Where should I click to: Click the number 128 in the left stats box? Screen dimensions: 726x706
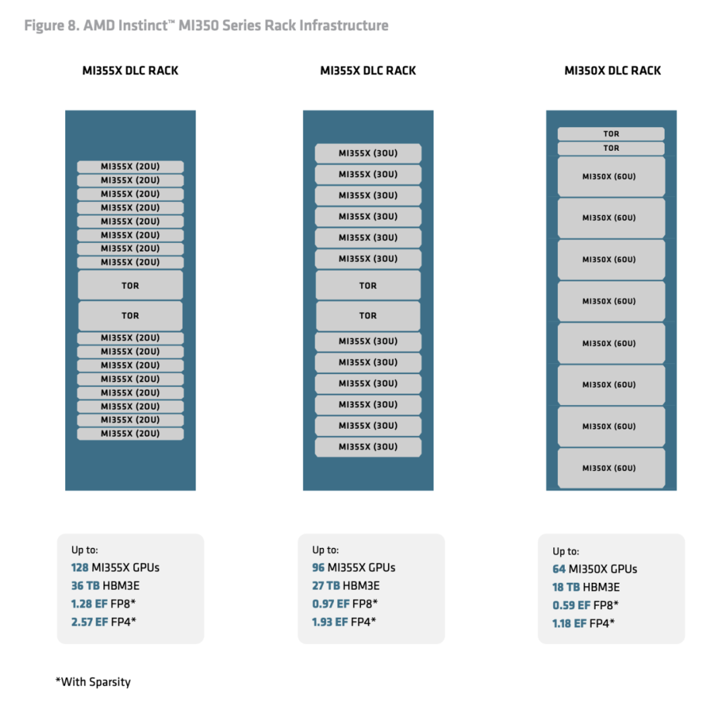pos(79,567)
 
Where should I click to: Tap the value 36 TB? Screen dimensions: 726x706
pos(85,586)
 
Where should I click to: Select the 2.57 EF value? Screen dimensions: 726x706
pos(89,622)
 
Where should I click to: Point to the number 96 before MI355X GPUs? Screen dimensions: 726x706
pos(318,567)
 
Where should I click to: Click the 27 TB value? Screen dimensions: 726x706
pos(326,586)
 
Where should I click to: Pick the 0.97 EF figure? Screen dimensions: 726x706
pos(331,604)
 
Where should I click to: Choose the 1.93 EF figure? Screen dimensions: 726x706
pos(329,622)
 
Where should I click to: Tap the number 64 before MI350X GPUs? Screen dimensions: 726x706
pos(559,569)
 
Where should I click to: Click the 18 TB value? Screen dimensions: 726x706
pos(566,587)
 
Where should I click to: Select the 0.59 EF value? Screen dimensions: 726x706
pos(571,605)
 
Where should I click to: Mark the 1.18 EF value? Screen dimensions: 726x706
pos(569,623)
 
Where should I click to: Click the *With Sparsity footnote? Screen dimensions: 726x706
pos(93,682)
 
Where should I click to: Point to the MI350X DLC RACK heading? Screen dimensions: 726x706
pos(612,71)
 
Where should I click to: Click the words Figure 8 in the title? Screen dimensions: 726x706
pos(52,26)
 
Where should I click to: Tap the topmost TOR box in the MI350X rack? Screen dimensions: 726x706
pos(611,133)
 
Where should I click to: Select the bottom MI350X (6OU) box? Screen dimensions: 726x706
pos(611,468)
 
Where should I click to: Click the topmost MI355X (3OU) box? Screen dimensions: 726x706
pos(368,153)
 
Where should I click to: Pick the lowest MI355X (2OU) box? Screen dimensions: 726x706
pos(130,433)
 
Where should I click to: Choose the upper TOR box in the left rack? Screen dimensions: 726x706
pos(130,285)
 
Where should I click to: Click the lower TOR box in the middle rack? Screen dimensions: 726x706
pos(368,316)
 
